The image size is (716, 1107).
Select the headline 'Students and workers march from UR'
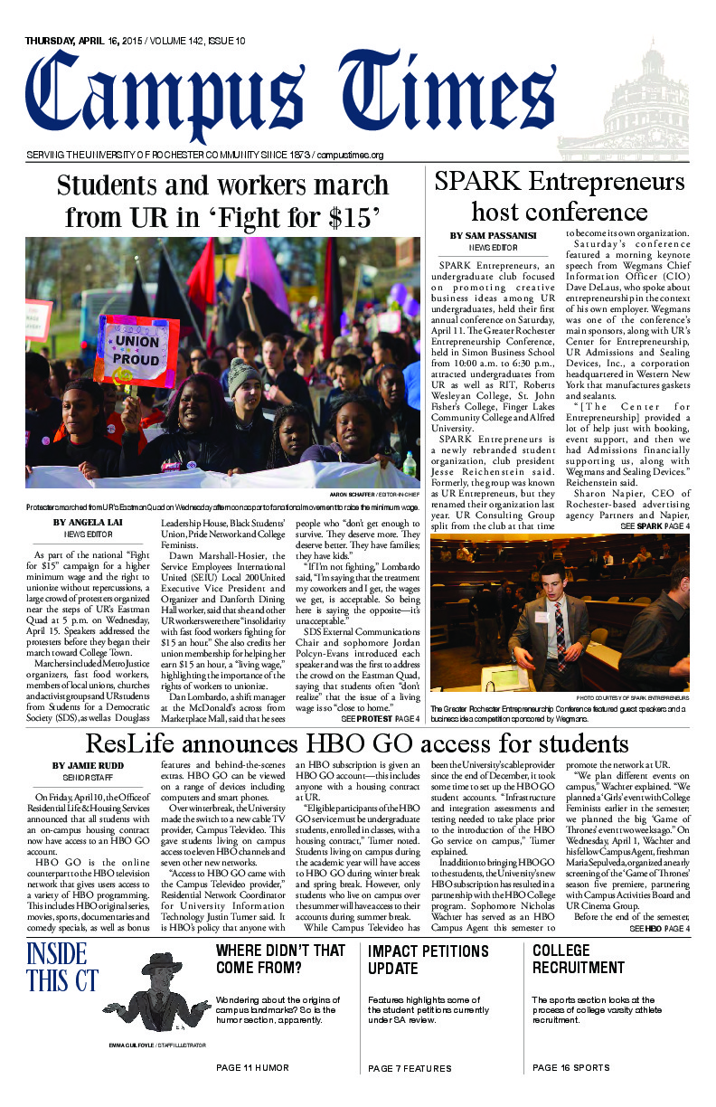(x=222, y=201)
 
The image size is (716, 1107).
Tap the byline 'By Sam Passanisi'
(x=493, y=236)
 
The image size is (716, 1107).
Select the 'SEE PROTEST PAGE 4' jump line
(x=381, y=718)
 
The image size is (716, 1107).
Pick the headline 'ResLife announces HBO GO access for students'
(x=357, y=744)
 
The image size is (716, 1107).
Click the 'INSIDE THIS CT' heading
(x=56, y=967)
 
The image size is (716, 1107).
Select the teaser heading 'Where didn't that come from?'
(x=280, y=959)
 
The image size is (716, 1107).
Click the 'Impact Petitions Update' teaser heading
(x=428, y=959)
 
